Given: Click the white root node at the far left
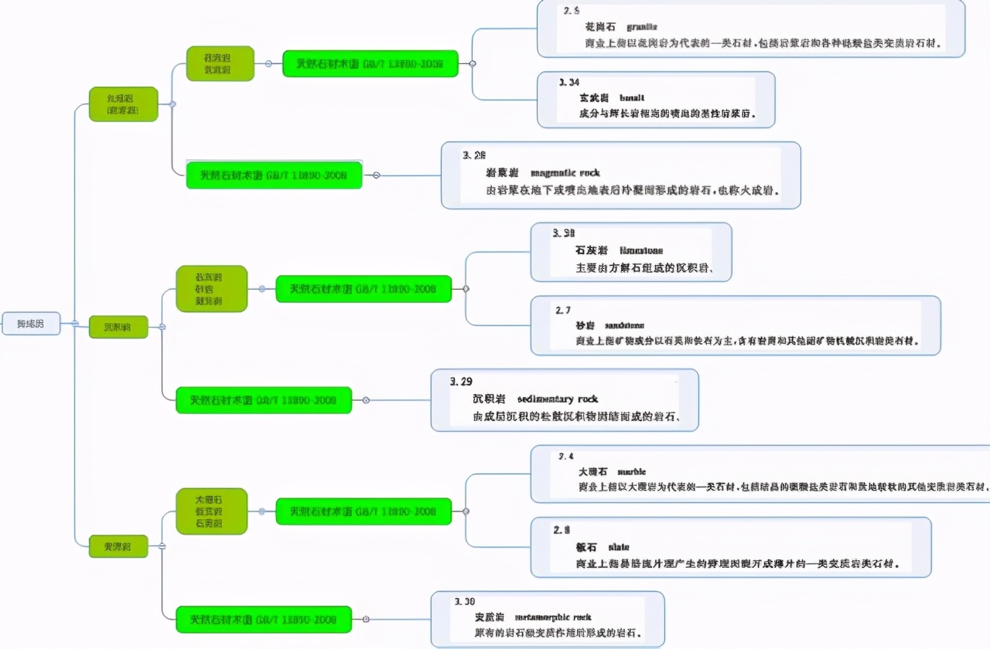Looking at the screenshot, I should click(x=31, y=323).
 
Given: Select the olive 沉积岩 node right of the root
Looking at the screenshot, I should click(x=118, y=327).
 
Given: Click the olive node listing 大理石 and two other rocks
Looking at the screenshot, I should click(x=211, y=511).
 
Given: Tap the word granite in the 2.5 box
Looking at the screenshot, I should click(x=642, y=27).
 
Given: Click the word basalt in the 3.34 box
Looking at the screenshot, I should click(x=632, y=98).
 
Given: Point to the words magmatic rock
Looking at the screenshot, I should click(x=565, y=173).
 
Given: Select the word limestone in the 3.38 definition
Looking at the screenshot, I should click(x=641, y=250).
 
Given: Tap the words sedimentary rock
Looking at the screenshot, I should click(x=557, y=399).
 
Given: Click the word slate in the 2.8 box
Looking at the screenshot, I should click(x=619, y=546).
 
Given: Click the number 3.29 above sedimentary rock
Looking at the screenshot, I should click(x=461, y=381).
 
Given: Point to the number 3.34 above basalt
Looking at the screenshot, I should click(x=569, y=82).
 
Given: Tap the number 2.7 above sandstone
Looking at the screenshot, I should click(x=563, y=310).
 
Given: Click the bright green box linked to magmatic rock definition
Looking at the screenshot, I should click(x=274, y=175).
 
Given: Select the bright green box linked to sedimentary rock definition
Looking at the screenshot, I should click(x=264, y=400).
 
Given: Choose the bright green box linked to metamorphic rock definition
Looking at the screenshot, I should click(x=264, y=620).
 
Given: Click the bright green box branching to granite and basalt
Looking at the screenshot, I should click(x=370, y=63).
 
